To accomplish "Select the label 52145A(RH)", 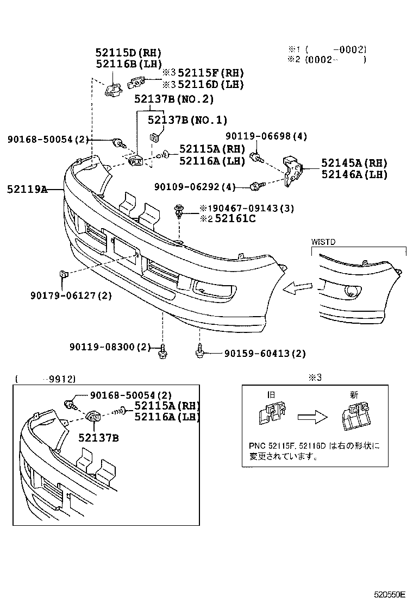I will (x=354, y=162).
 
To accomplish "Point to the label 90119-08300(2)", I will (x=110, y=347).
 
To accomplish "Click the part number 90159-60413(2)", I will (x=265, y=354).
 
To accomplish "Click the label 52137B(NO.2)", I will (x=174, y=99).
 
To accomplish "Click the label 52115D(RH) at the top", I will (x=128, y=53).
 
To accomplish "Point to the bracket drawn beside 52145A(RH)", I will (x=293, y=169).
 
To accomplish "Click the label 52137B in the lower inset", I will (x=98, y=436).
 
